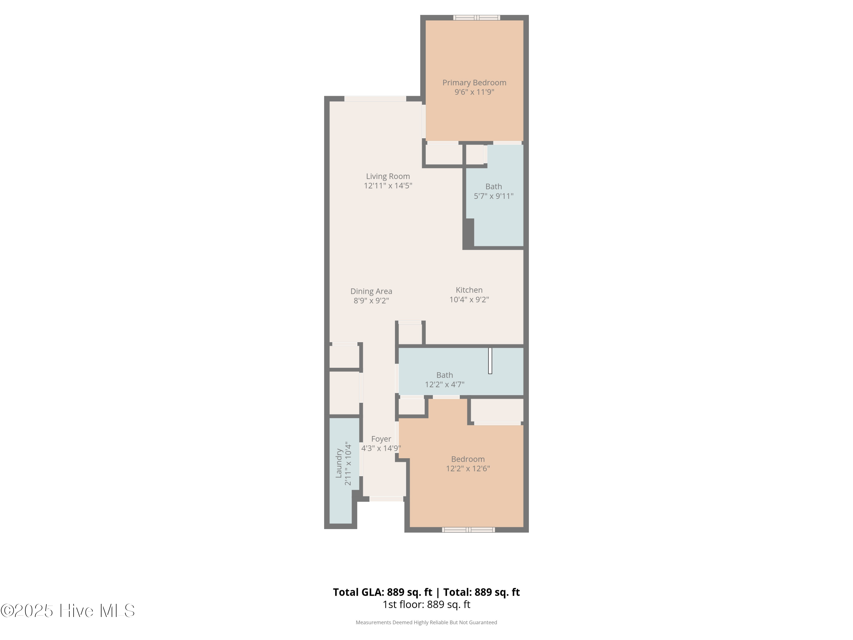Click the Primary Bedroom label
click(474, 82)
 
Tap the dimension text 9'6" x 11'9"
click(474, 92)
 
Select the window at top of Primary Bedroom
click(476, 17)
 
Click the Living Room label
click(388, 176)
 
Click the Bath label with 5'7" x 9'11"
click(493, 187)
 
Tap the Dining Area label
click(371, 291)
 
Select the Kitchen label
click(469, 290)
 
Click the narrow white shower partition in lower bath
click(490, 361)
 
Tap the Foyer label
click(381, 439)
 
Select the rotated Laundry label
click(339, 463)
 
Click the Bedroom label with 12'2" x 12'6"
click(468, 459)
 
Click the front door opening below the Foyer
click(386, 499)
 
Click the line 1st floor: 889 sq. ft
click(426, 604)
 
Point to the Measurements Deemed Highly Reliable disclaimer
click(426, 622)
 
